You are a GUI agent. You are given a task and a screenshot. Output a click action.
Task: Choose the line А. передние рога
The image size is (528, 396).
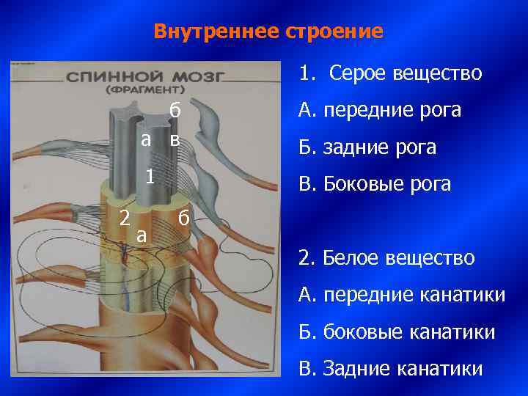point(379,110)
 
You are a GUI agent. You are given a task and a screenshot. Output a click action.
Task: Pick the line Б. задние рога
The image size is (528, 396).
point(367,147)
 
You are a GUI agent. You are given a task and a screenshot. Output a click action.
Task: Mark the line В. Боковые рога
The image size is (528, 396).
point(375,184)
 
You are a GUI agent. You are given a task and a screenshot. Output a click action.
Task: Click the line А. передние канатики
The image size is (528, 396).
point(401,295)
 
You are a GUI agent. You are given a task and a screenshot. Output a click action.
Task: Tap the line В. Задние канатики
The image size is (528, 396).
point(391,368)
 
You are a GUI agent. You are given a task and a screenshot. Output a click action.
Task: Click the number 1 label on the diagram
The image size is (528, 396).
point(149,177)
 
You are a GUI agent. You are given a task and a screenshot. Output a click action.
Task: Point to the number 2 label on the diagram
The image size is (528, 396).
point(125,218)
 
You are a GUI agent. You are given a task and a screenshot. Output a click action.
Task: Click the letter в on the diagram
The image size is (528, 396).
point(174,140)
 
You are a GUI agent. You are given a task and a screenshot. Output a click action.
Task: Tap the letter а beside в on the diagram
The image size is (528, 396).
point(147,140)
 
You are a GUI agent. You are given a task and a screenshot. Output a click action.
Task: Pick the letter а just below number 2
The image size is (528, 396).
point(142,236)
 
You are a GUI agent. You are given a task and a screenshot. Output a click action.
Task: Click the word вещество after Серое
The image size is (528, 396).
point(438,73)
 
